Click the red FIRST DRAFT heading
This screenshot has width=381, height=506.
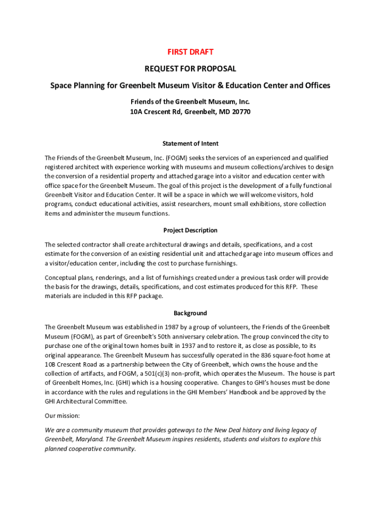coord(190,52)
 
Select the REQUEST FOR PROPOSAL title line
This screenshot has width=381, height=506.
coord(190,69)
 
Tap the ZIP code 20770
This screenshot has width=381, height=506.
coord(240,112)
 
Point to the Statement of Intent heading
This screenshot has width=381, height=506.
coord(190,143)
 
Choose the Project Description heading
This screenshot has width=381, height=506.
coord(190,230)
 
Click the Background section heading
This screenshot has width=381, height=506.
coord(190,313)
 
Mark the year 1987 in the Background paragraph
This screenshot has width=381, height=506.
coord(168,327)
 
